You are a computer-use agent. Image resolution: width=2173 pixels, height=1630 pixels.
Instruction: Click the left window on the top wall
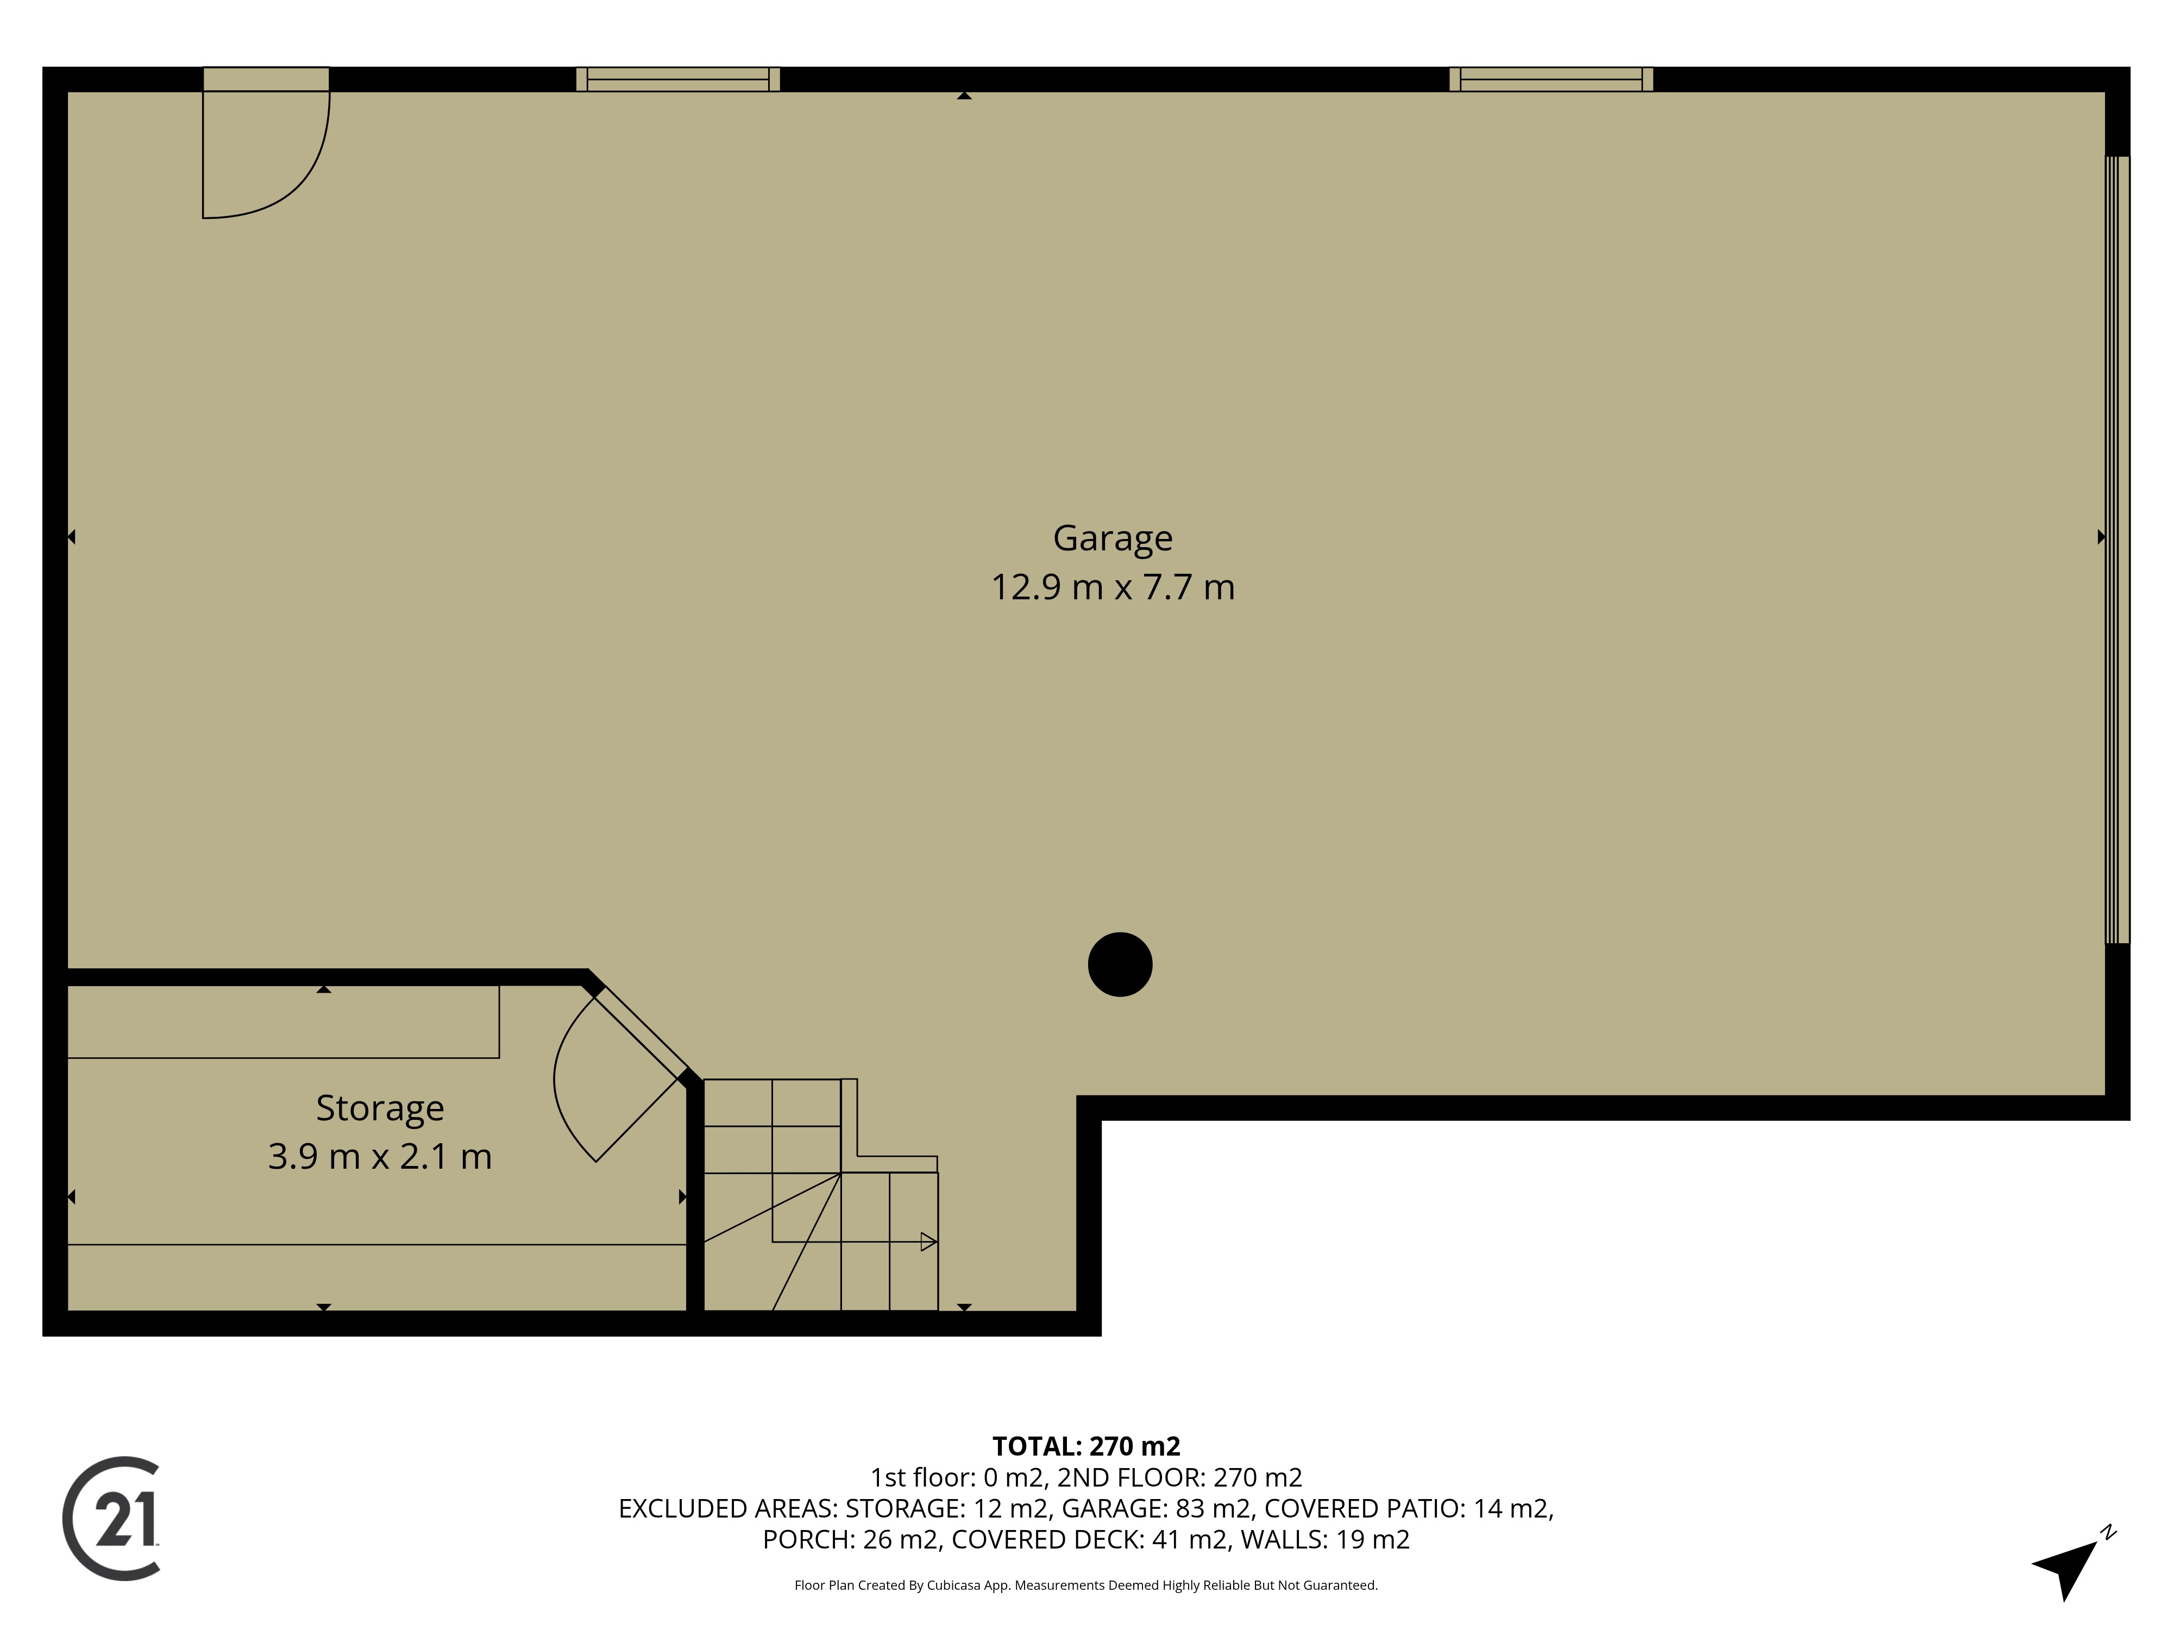click(678, 79)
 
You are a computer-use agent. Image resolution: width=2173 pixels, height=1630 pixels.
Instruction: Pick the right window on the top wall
click(1551, 79)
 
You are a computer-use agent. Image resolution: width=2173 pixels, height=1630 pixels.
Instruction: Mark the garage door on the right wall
click(2117, 550)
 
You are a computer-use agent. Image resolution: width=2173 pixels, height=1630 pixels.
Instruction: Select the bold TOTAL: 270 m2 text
click(1086, 1446)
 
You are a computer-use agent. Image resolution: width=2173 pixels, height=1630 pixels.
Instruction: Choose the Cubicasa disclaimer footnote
click(1086, 1585)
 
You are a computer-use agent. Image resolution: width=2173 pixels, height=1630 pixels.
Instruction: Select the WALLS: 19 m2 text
click(1325, 1540)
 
